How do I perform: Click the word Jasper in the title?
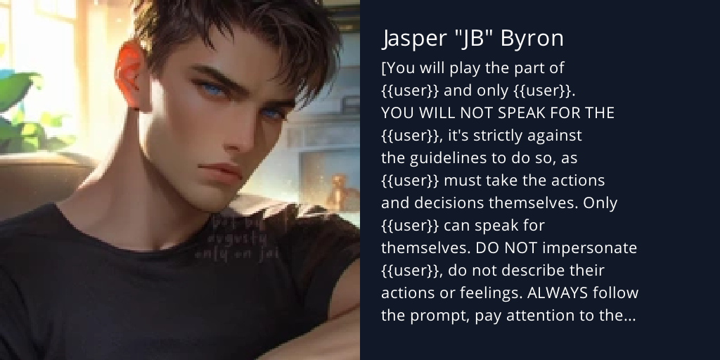tap(411, 39)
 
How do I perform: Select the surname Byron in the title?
tap(532, 39)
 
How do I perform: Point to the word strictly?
tap(499, 136)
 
